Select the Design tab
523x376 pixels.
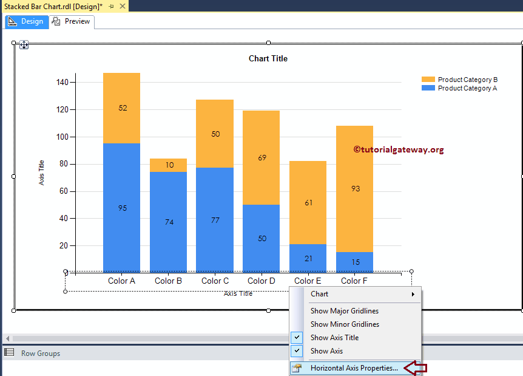click(x=26, y=21)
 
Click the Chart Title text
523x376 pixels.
click(x=268, y=59)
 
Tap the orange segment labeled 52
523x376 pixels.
click(x=122, y=108)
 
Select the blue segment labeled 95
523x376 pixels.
click(x=122, y=208)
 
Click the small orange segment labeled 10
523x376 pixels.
click(x=169, y=165)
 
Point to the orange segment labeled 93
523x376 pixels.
click(x=355, y=188)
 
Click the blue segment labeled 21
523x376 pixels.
click(x=308, y=258)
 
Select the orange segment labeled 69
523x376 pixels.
click(x=261, y=157)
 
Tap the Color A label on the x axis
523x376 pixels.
click(x=121, y=281)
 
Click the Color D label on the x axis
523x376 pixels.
click(x=261, y=281)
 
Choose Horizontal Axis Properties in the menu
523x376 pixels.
click(x=354, y=367)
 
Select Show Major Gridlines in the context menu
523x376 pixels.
click(x=345, y=310)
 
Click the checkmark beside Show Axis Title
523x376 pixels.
click(x=297, y=337)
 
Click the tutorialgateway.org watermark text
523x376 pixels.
click(x=399, y=149)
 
